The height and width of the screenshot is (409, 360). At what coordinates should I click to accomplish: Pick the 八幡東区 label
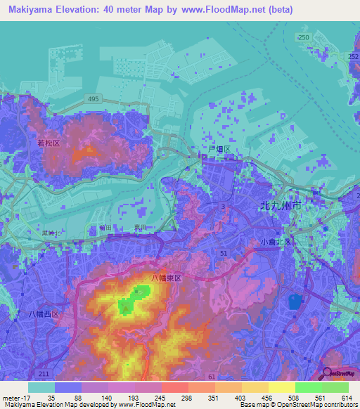pos(167,278)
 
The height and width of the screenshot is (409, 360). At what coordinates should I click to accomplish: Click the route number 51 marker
pos(223,252)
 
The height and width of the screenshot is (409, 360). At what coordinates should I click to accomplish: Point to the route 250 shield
pos(302,36)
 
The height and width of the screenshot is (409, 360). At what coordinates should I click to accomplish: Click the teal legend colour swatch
pos(41,387)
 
